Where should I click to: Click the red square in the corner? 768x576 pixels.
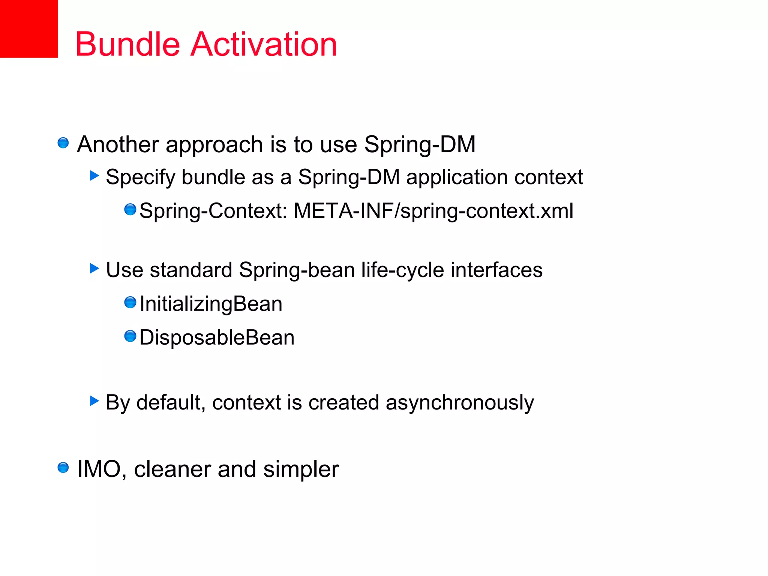click(x=28, y=28)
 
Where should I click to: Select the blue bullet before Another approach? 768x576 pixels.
click(x=63, y=143)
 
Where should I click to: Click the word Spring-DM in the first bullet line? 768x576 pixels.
click(x=420, y=144)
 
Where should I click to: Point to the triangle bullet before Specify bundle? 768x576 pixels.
click(x=94, y=175)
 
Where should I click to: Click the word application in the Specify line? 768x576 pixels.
click(x=457, y=177)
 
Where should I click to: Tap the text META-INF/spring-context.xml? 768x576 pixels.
click(x=433, y=211)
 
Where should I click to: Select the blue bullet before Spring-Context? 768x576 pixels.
click(x=130, y=210)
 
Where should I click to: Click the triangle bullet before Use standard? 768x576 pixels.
click(x=94, y=268)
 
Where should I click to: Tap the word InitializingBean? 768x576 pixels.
click(x=211, y=304)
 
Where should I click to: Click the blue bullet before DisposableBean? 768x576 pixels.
click(x=130, y=336)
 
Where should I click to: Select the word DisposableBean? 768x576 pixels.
click(x=217, y=337)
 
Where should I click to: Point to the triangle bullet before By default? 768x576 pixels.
click(x=94, y=401)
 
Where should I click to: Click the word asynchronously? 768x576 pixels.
click(x=459, y=403)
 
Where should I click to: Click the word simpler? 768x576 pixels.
click(x=301, y=469)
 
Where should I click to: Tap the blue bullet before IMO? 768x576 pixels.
click(x=63, y=468)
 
